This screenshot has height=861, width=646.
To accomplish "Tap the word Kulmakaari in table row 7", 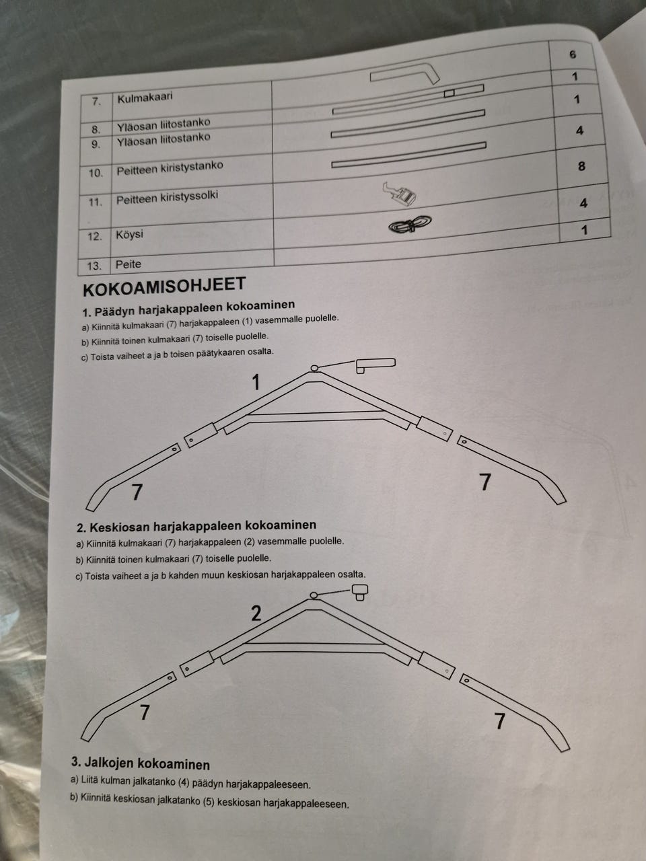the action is (145, 97).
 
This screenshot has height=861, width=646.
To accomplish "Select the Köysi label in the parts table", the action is (129, 235).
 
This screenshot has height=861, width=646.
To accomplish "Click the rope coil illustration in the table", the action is (410, 225).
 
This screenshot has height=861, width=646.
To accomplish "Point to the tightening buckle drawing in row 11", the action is (399, 193).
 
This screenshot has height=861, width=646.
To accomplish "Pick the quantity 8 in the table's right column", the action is (581, 166).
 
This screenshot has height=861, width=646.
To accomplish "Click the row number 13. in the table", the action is (94, 266).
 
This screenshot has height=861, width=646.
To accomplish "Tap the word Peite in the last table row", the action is (129, 264).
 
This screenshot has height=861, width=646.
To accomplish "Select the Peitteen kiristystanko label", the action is (170, 168).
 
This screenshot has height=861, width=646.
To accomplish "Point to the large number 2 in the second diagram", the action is (256, 613).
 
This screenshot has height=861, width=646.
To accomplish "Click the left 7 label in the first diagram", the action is (137, 492).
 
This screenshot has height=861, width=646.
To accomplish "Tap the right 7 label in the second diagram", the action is (499, 721).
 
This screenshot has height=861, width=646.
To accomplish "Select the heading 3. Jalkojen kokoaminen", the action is (141, 764).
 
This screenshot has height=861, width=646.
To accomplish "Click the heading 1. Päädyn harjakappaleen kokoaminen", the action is (188, 308).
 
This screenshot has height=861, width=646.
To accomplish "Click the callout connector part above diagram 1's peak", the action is (375, 365).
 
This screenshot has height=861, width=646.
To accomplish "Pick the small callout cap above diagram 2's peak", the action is (359, 592).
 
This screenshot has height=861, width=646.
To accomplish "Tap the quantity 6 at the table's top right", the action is (573, 54).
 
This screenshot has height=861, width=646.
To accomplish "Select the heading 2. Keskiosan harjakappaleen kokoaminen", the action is (196, 525).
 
